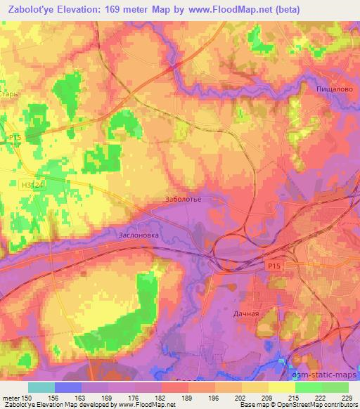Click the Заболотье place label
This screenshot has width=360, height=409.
point(184,199)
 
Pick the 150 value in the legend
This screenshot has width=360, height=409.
point(29,397)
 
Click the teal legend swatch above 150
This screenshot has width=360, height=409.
point(41,387)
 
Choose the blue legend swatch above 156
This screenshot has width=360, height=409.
point(68,387)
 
